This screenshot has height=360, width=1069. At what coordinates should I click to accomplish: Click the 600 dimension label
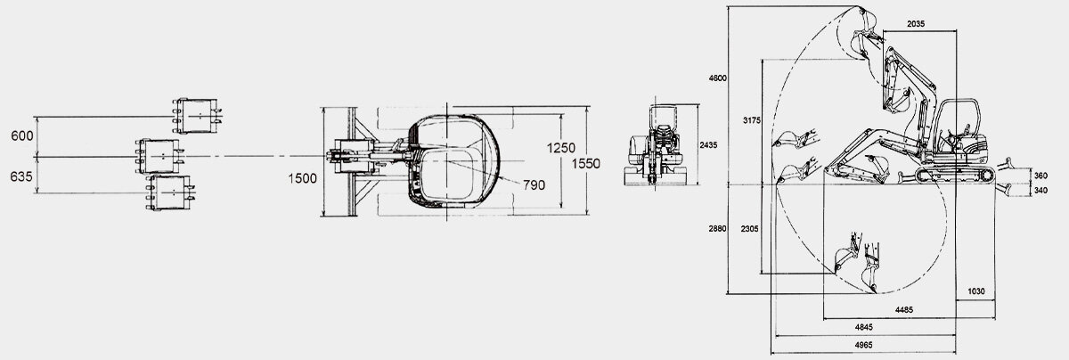(23, 135)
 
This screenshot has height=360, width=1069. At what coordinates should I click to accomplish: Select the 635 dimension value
(23, 176)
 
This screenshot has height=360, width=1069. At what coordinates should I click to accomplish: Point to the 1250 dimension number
(563, 148)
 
